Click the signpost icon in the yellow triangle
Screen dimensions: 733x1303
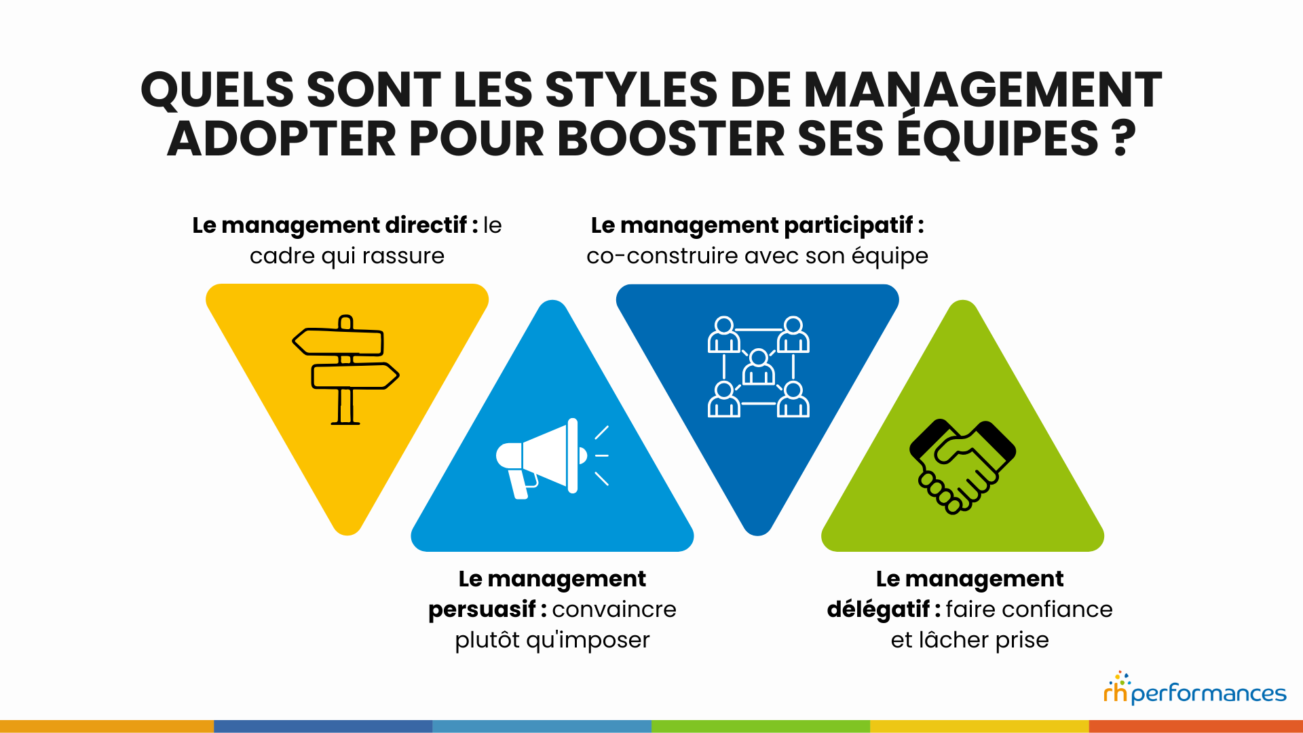point(345,370)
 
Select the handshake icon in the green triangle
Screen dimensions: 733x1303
point(962,466)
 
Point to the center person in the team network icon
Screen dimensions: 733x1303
point(759,369)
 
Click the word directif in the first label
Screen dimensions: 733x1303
point(426,225)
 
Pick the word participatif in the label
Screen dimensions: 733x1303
point(848,226)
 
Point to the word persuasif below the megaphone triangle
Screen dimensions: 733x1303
point(482,609)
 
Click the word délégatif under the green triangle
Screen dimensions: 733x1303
point(878,609)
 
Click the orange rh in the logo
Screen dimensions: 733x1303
point(1115,692)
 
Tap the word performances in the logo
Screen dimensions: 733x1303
point(1209,694)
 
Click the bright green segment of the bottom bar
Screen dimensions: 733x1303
point(760,726)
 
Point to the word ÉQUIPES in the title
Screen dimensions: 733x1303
point(998,139)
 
